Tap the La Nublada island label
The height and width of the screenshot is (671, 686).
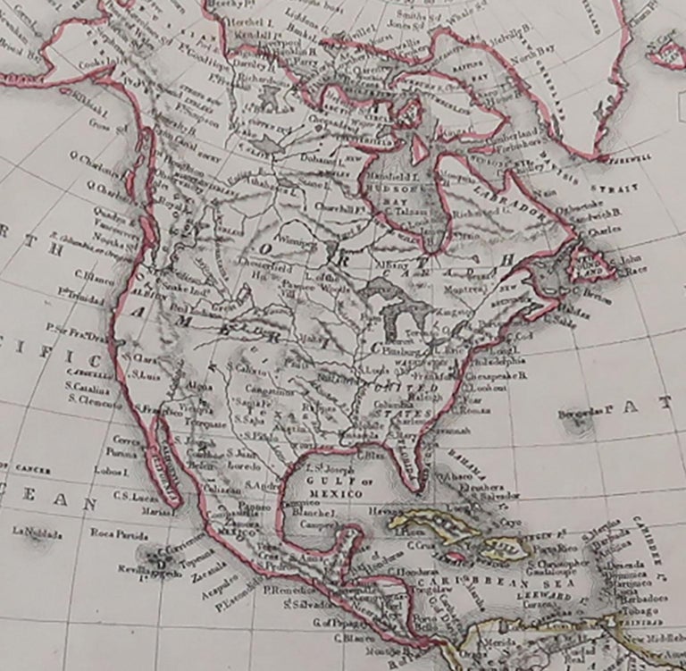pos(38,533)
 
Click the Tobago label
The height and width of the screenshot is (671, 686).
pos(637,611)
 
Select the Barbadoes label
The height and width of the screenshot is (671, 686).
pos(642,598)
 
